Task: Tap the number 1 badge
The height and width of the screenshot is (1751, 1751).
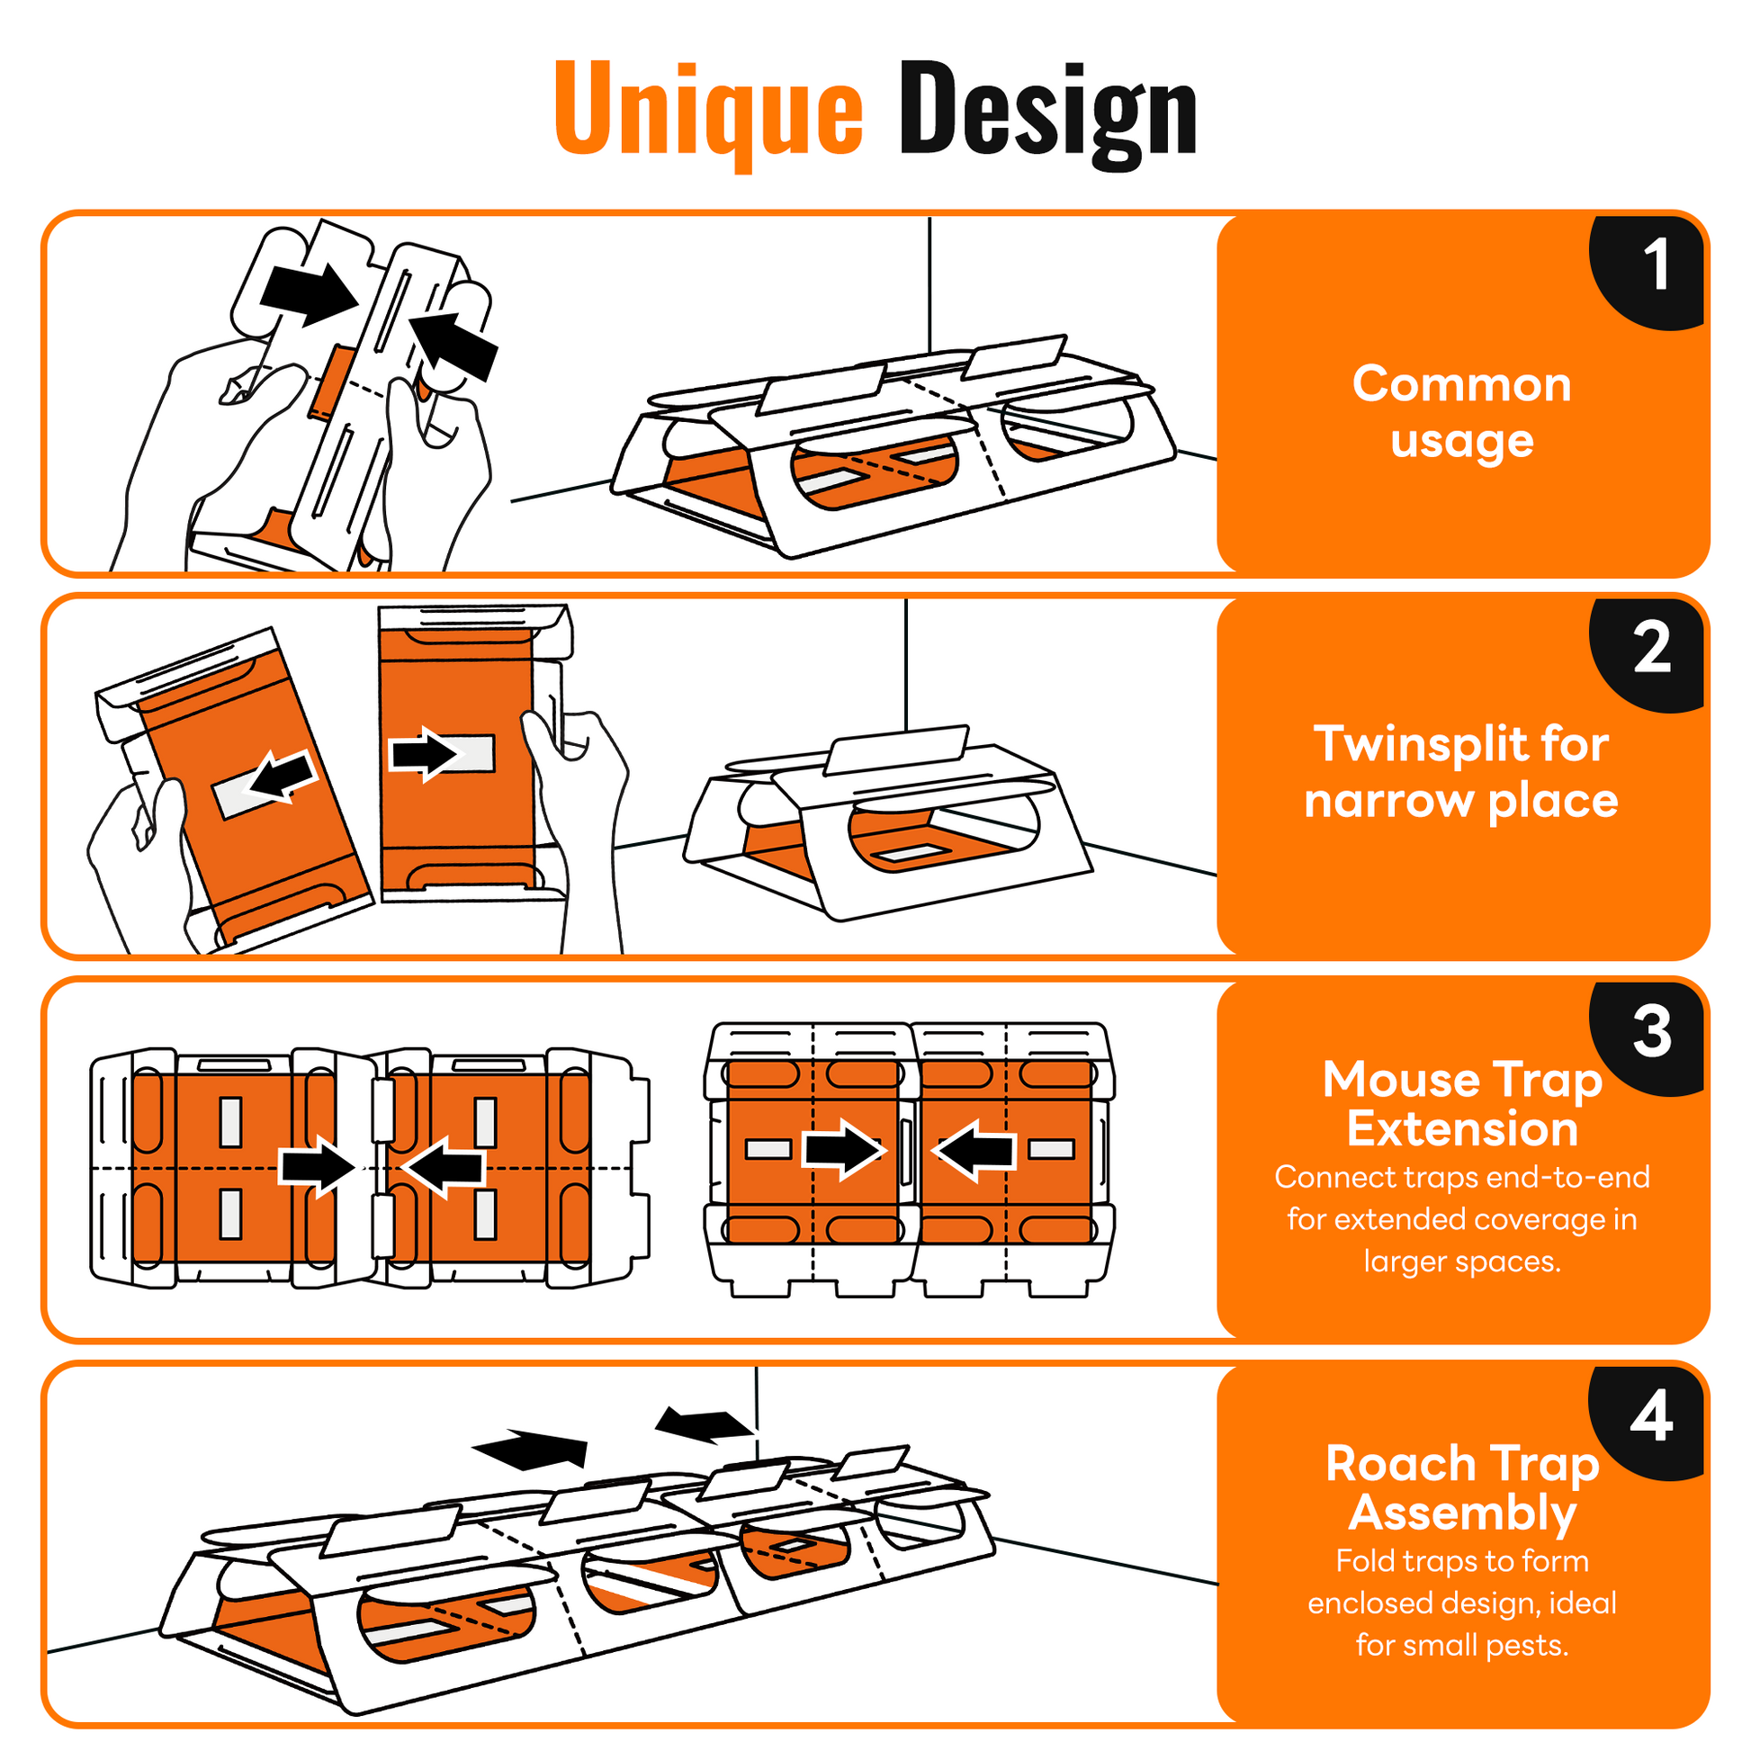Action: pos(1655,267)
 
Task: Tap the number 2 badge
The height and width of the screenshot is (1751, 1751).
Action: pos(1652,649)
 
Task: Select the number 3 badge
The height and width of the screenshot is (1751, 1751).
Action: pos(1652,1032)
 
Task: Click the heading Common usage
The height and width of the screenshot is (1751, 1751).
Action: pos(1461,412)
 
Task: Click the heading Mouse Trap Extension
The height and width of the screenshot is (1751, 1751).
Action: pos(1461,1104)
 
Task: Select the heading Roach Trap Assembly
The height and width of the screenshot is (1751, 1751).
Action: pos(1461,1488)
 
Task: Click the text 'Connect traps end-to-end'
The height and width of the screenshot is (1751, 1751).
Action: pos(1461,1177)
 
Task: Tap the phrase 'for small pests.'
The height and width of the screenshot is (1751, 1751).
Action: pos(1461,1645)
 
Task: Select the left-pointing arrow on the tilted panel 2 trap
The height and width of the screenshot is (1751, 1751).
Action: pos(283,777)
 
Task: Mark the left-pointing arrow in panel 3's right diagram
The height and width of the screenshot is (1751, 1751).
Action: pos(974,1150)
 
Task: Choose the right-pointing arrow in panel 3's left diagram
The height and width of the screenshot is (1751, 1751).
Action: pos(317,1167)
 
